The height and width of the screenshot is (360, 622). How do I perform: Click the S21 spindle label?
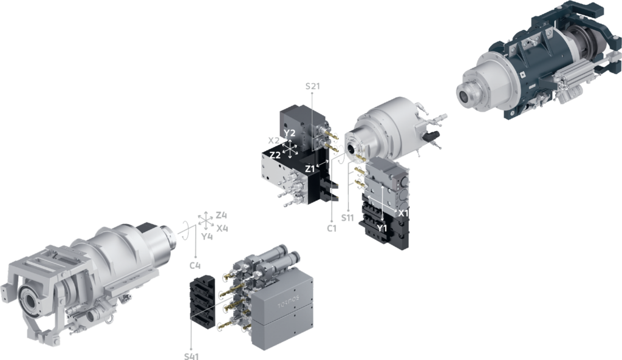[313, 86]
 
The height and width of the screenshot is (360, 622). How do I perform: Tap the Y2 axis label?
[290, 133]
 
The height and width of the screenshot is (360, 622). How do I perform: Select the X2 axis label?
[274, 140]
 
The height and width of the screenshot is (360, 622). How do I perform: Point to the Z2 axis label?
[275, 155]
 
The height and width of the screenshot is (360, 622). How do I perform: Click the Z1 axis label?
[310, 169]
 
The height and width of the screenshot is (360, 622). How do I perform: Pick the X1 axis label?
[403, 213]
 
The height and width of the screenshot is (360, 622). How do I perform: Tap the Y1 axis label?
[381, 228]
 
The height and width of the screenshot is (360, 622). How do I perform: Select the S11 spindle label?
[347, 218]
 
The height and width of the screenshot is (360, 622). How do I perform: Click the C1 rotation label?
[332, 229]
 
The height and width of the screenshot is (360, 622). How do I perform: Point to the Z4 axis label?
[221, 216]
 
